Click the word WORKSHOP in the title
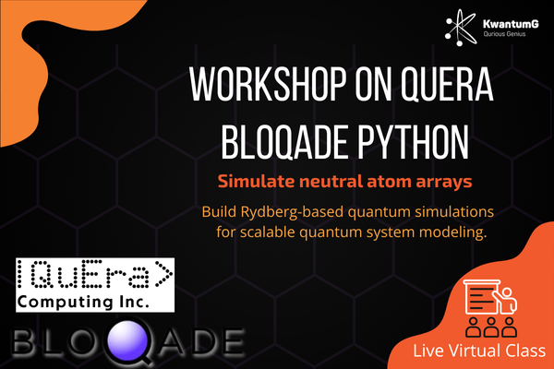click(268, 84)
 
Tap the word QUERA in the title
click(447, 85)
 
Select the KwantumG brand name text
click(511, 24)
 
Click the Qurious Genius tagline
click(504, 34)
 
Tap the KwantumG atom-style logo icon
click(461, 28)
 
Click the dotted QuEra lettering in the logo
click(95, 274)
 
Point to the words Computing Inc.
click(83, 303)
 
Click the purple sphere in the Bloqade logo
click(127, 341)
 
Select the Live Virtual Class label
click(479, 351)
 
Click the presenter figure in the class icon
click(507, 301)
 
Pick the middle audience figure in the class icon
click(491, 327)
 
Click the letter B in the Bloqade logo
click(24, 341)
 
